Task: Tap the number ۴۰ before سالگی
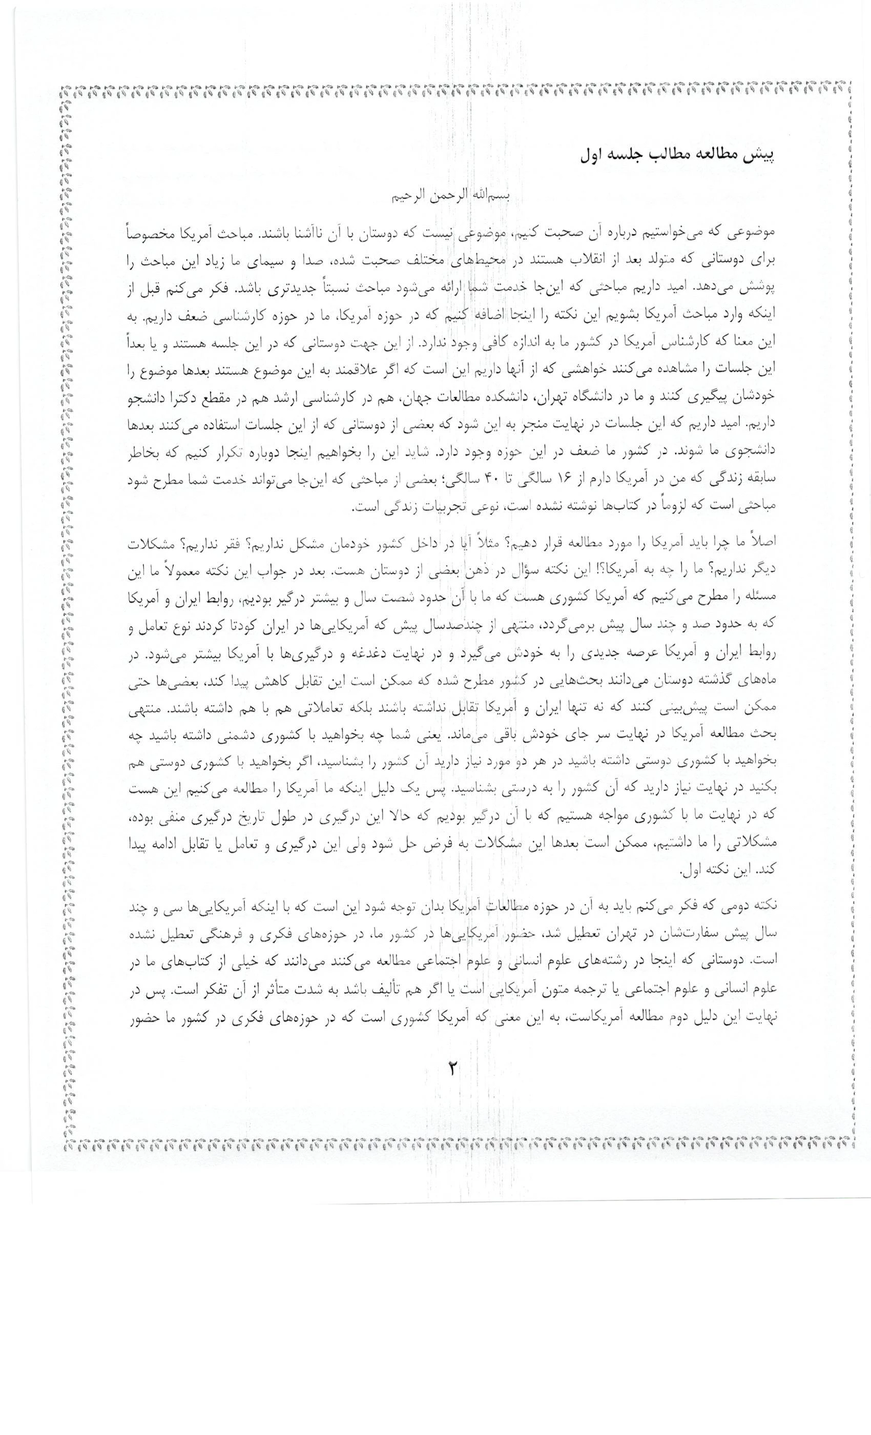493,479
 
